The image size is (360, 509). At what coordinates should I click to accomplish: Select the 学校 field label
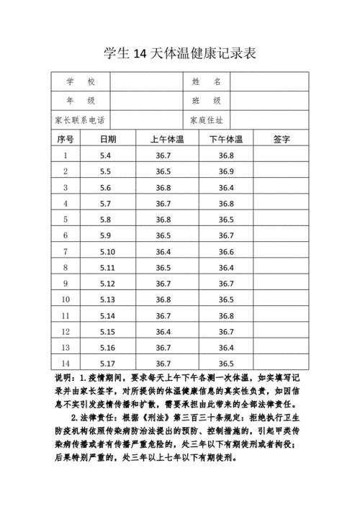click(80, 82)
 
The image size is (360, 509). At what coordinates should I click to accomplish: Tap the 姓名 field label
click(210, 82)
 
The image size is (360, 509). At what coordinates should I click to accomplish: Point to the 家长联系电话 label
click(80, 120)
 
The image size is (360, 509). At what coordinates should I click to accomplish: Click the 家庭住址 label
click(206, 120)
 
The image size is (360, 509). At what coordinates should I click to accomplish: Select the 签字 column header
click(282, 139)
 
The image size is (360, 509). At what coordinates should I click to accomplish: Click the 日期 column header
click(107, 139)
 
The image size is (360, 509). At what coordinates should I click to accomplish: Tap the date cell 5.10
click(107, 251)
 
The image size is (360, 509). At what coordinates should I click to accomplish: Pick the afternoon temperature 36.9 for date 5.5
click(226, 171)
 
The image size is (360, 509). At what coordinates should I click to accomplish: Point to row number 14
click(66, 364)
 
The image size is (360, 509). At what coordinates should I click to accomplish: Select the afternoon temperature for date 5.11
click(226, 267)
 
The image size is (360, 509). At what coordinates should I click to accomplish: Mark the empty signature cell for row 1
click(282, 156)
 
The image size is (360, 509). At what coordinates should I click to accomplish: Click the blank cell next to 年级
click(148, 101)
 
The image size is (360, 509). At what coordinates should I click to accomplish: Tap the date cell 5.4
click(106, 156)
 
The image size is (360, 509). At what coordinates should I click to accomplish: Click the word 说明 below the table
click(63, 379)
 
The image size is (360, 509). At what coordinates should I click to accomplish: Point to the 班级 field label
click(210, 101)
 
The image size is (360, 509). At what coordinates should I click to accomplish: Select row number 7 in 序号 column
click(66, 251)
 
